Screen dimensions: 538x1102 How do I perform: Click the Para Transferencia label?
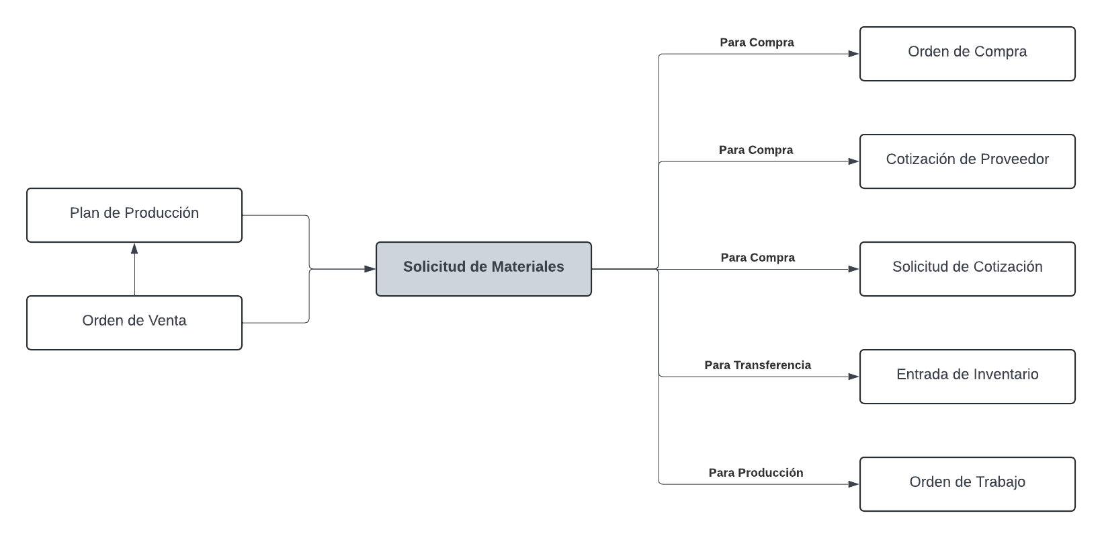[x=757, y=365]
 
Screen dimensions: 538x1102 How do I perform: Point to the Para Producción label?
[x=755, y=473]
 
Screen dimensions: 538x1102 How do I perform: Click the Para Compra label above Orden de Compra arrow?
[x=757, y=42]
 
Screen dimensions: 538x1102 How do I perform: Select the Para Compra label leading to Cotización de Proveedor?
[x=755, y=150]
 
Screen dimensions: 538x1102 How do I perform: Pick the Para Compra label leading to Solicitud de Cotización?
[x=757, y=258]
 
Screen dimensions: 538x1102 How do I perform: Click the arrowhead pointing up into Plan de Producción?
[x=134, y=248]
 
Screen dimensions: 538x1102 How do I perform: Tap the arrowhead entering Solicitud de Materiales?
[x=370, y=269]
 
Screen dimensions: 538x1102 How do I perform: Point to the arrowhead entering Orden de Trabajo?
[x=853, y=484]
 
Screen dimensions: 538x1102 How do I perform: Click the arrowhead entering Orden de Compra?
[x=853, y=54]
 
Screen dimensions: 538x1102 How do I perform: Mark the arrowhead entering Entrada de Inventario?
[x=853, y=377]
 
